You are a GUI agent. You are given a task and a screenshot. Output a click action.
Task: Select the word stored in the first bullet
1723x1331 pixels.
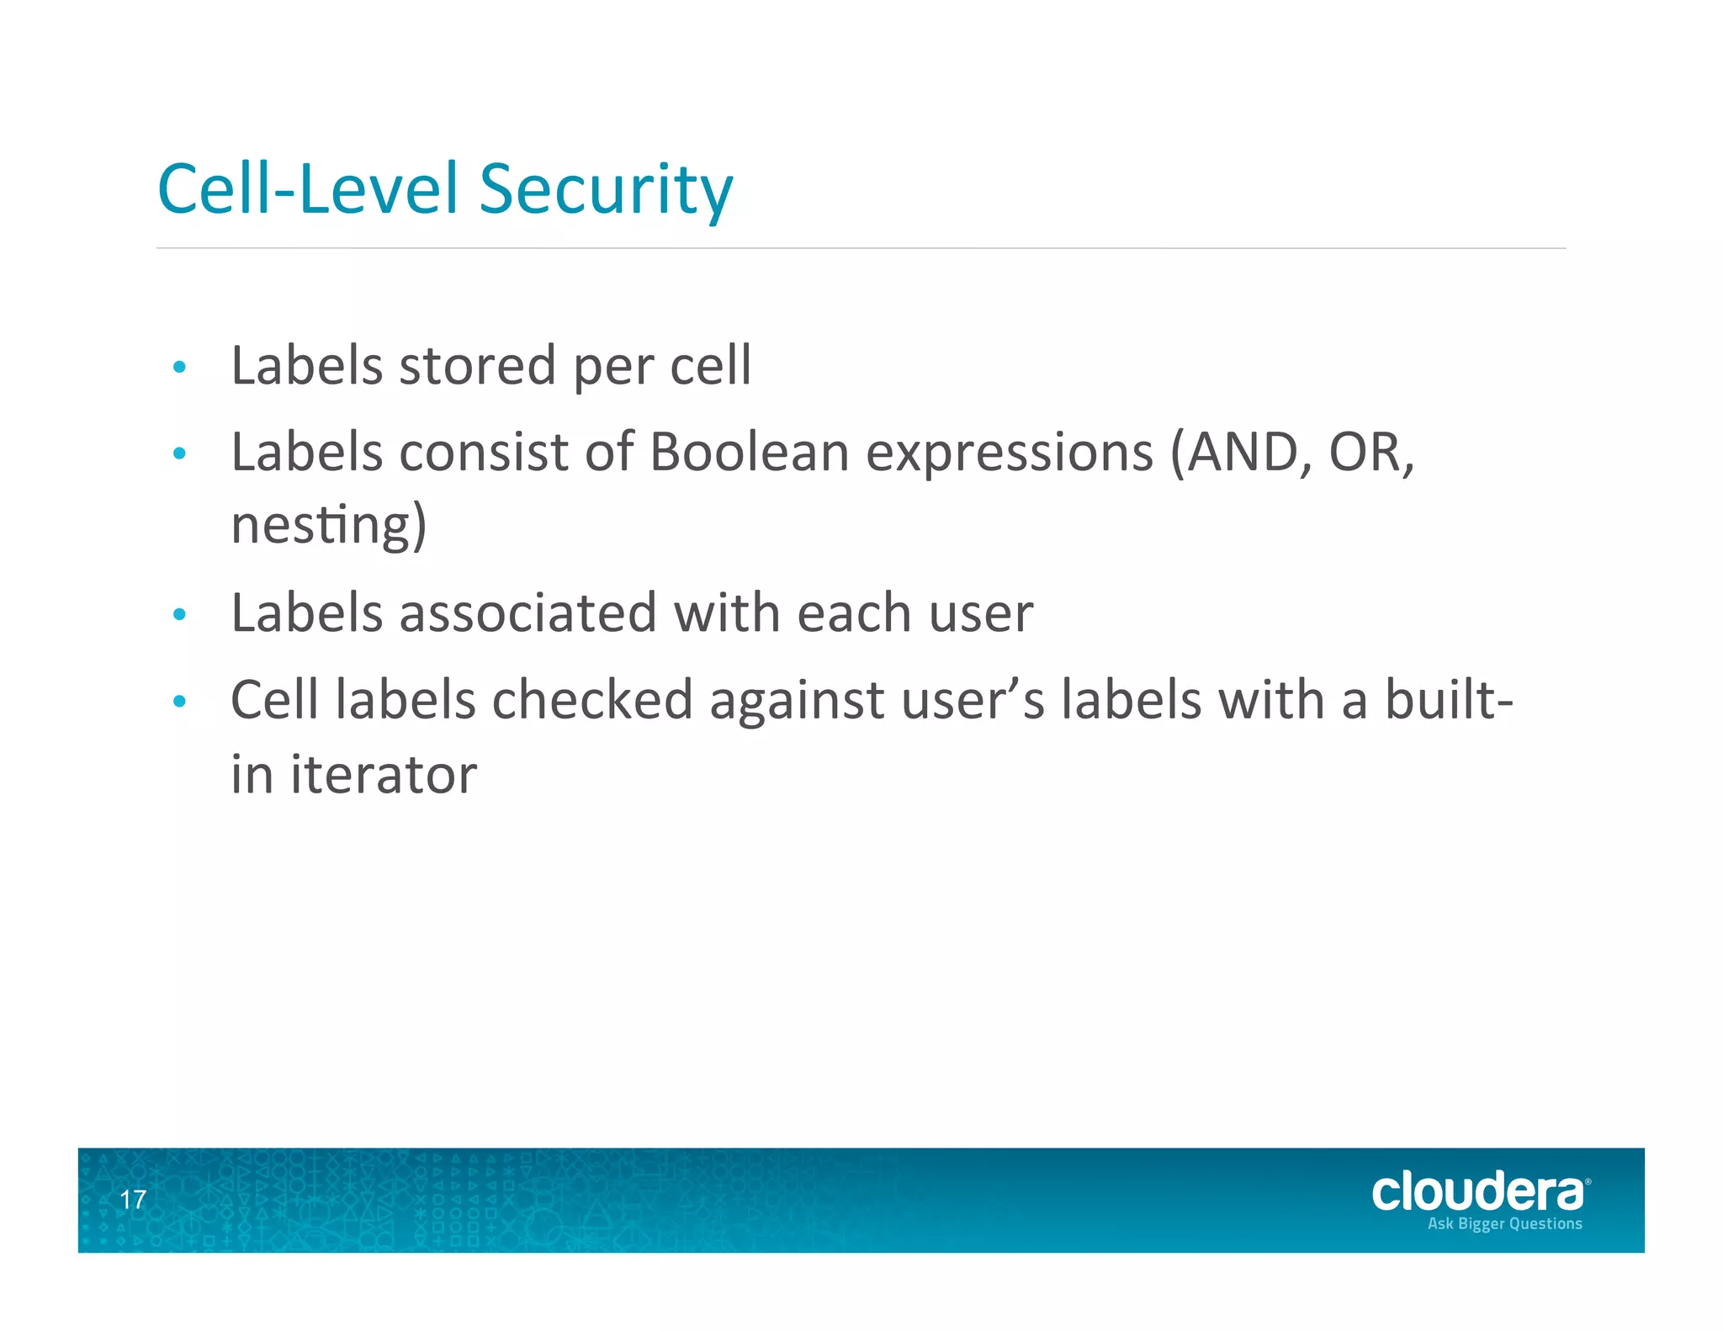pos(477,366)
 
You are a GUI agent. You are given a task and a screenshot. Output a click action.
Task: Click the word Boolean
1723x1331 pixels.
pos(750,453)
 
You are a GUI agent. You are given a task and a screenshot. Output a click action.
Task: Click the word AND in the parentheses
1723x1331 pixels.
pos(1240,453)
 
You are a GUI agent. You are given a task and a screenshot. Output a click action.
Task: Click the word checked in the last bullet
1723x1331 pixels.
pos(591,700)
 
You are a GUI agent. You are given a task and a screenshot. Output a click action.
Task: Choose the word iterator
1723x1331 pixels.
pos(384,774)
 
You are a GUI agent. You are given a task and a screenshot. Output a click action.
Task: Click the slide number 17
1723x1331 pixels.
pos(133,1200)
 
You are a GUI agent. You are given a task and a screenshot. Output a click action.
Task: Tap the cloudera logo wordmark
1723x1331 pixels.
pos(1478,1192)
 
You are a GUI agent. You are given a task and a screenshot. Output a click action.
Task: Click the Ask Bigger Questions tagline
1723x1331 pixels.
pos(1504,1223)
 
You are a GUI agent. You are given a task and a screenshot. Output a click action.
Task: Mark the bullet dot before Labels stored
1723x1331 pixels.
pos(178,367)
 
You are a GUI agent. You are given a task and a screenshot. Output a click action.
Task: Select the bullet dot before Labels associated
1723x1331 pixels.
pos(178,614)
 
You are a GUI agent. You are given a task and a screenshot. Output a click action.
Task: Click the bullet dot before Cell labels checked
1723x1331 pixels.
pos(178,701)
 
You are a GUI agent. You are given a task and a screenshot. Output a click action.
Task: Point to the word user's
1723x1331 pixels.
pos(973,700)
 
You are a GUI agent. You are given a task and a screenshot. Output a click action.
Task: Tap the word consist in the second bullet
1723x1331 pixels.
pos(484,453)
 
